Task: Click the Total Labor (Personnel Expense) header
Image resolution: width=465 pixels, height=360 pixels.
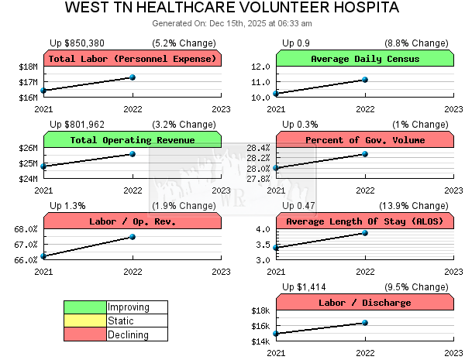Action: tap(133, 59)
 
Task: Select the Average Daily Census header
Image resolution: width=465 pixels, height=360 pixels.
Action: tap(364, 59)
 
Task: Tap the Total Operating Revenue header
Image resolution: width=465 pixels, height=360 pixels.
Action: tap(133, 140)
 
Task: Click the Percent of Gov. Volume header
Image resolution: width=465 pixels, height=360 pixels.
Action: tap(364, 140)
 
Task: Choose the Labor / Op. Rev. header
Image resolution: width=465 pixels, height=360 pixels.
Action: tap(133, 221)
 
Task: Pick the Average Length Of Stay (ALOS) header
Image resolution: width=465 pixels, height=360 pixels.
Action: tap(364, 221)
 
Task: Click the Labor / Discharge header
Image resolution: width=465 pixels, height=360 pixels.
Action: tap(364, 303)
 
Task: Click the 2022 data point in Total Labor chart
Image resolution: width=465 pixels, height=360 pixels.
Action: tap(133, 77)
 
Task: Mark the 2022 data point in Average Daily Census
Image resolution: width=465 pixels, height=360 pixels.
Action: tap(364, 80)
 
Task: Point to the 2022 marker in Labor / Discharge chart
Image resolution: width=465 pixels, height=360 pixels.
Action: tap(364, 323)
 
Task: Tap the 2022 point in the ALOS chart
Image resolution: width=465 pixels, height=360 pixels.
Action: tap(364, 233)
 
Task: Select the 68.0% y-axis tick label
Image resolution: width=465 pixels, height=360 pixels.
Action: tap(26, 229)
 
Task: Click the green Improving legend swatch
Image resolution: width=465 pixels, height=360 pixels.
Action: tap(85, 307)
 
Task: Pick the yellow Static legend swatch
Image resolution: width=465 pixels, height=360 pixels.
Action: tap(85, 321)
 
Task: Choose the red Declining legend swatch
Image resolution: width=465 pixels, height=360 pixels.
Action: tap(85, 334)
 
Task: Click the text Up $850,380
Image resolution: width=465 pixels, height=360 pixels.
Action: tap(78, 43)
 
